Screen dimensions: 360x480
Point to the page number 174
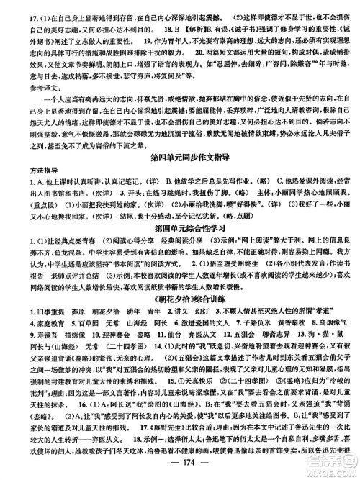(x=179, y=468)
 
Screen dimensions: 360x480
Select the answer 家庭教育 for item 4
(x=27, y=361)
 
